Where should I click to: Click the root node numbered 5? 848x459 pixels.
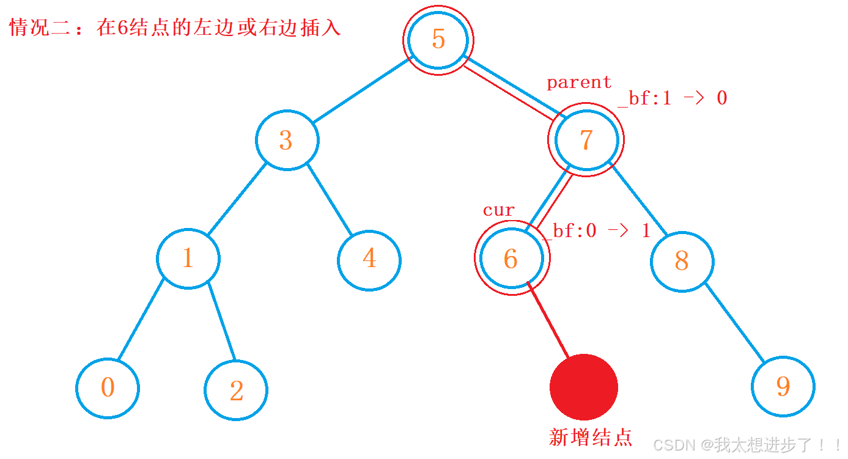(438, 40)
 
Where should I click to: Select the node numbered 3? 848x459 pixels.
(287, 141)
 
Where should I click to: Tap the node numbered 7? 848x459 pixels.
(586, 140)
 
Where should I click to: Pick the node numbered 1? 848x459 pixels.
(188, 259)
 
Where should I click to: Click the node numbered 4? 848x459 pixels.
(369, 259)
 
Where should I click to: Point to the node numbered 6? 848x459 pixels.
(511, 259)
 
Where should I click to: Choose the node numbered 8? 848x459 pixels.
(681, 261)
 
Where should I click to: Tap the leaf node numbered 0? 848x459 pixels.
(108, 387)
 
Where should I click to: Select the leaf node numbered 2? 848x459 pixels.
(236, 390)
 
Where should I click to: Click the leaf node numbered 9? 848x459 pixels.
(783, 386)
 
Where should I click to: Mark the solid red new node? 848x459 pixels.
(583, 387)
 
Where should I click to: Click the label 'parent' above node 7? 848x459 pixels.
(578, 83)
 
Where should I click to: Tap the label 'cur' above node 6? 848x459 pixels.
(498, 210)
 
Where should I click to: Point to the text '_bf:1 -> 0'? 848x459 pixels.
(672, 98)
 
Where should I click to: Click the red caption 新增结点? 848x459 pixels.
(590, 437)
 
